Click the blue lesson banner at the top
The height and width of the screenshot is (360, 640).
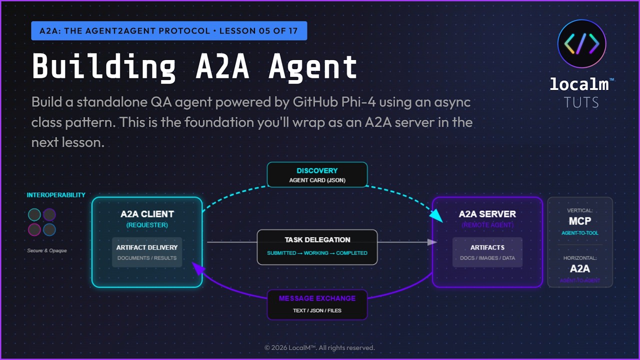click(x=169, y=31)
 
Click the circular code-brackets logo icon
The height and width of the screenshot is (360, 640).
click(x=581, y=44)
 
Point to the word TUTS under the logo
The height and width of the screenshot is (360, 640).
click(x=581, y=102)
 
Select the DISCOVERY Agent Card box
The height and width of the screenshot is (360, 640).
click(x=317, y=174)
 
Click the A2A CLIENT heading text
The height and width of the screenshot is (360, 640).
click(x=147, y=214)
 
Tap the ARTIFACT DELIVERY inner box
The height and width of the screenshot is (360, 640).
click(x=147, y=252)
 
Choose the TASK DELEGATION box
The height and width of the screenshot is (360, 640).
click(x=317, y=246)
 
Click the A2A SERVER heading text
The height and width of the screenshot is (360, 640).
click(x=487, y=214)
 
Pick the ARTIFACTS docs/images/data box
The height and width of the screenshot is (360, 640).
click(x=487, y=252)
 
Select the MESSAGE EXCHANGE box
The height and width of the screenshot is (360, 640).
click(x=317, y=304)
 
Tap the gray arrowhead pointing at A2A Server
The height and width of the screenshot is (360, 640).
click(x=432, y=242)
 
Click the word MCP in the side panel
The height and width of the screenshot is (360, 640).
click(x=580, y=221)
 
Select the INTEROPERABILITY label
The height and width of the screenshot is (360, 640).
click(x=56, y=195)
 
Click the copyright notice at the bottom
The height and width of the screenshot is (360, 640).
click(x=319, y=347)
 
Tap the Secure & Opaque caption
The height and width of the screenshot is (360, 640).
click(x=47, y=250)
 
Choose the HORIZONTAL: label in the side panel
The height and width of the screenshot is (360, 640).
click(x=580, y=258)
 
